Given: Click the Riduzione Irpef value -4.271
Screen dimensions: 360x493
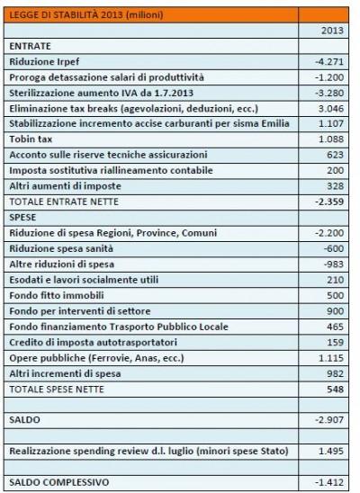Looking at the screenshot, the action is [x=329, y=62].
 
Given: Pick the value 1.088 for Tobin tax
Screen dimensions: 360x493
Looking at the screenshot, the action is [x=331, y=139].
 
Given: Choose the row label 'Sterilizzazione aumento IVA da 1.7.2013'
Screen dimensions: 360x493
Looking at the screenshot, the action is [x=101, y=93].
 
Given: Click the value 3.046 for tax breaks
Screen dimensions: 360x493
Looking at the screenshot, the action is [x=331, y=108].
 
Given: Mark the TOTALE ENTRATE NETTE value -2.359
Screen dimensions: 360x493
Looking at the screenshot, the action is [x=329, y=202].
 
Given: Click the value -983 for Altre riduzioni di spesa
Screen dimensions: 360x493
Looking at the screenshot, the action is [x=334, y=264].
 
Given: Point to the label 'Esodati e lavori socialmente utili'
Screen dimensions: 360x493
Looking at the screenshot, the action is [x=83, y=280].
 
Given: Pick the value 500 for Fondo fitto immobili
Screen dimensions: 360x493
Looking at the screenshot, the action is [x=335, y=295].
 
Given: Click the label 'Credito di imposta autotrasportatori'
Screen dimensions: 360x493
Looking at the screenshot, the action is [x=90, y=342].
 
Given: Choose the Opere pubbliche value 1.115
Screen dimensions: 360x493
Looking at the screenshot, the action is [x=331, y=358].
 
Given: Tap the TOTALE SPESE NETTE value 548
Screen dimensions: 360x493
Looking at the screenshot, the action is [x=335, y=389].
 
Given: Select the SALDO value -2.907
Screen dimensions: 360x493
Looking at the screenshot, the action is [x=329, y=420].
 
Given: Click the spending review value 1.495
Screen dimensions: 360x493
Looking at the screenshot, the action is [x=331, y=452].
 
